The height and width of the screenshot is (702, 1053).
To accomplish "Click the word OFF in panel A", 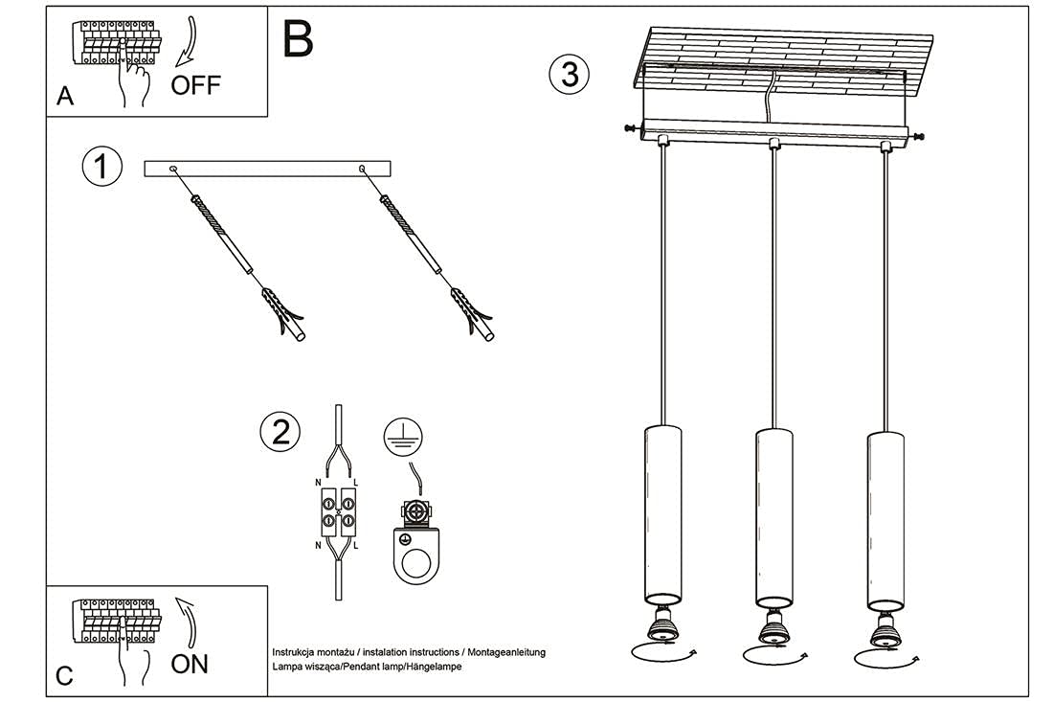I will (x=195, y=85).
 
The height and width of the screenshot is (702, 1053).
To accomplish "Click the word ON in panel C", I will (x=190, y=664).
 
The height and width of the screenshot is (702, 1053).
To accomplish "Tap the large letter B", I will (x=298, y=39).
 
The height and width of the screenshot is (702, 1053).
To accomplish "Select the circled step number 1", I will (x=102, y=167).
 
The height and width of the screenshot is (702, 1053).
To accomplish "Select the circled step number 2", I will (x=280, y=433).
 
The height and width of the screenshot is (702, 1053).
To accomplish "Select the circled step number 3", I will (x=570, y=74).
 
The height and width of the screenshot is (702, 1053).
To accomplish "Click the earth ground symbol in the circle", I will (x=401, y=437).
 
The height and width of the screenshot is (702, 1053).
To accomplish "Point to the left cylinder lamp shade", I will (x=660, y=513).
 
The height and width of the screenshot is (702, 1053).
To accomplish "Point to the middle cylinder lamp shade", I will (x=773, y=517).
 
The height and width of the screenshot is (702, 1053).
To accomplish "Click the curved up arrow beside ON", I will (x=186, y=623).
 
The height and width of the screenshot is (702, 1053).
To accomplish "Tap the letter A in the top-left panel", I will (x=65, y=96).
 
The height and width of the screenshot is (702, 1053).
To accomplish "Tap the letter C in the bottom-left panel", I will (x=64, y=676).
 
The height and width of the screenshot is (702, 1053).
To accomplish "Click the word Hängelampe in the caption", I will (x=435, y=667).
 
